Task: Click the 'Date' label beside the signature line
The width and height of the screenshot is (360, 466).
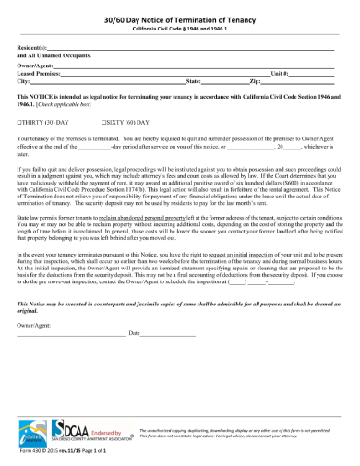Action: (x=134, y=332)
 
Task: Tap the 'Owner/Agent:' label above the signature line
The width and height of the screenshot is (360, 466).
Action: (x=35, y=317)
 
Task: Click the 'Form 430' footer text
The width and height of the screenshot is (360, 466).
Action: (x=30, y=452)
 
